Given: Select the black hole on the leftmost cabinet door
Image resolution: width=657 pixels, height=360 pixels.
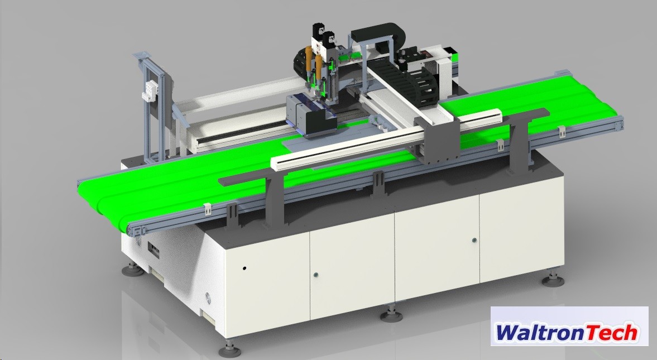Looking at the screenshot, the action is (x=244, y=268).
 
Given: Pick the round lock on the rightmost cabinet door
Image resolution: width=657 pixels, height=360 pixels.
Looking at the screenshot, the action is (x=474, y=241).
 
